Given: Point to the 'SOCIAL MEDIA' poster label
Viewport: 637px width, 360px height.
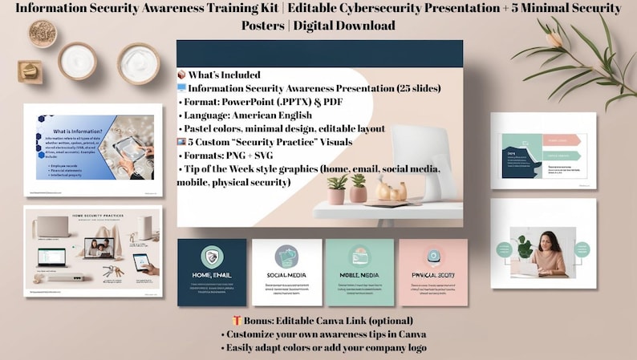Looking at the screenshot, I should pos(286,276).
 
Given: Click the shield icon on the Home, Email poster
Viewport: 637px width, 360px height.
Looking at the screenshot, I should pos(213,256).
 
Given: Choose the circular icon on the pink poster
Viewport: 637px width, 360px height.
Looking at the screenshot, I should pos(433,256).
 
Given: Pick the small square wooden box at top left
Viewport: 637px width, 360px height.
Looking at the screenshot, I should pos(29,71).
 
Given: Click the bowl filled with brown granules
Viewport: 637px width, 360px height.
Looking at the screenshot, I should pos(43,33).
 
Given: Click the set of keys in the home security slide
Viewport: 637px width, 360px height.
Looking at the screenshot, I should pos(116,272).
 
